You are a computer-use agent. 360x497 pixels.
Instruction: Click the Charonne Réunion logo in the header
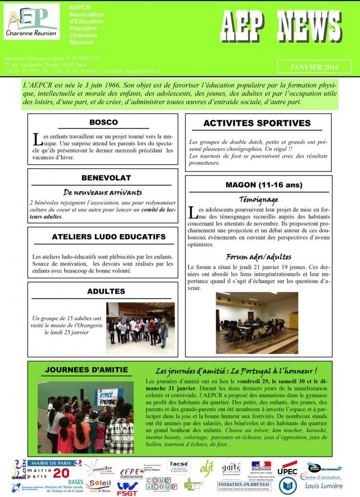32,21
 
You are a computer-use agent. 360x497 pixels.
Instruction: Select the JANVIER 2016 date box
314,67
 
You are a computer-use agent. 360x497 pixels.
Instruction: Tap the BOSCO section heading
103,122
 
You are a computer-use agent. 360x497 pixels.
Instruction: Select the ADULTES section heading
106,291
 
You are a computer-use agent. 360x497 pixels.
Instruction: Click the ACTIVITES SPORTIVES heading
257,123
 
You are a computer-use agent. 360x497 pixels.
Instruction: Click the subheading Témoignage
258,199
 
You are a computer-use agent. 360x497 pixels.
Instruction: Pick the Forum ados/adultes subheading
258,257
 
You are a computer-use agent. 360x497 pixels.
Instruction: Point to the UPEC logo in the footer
287,469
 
